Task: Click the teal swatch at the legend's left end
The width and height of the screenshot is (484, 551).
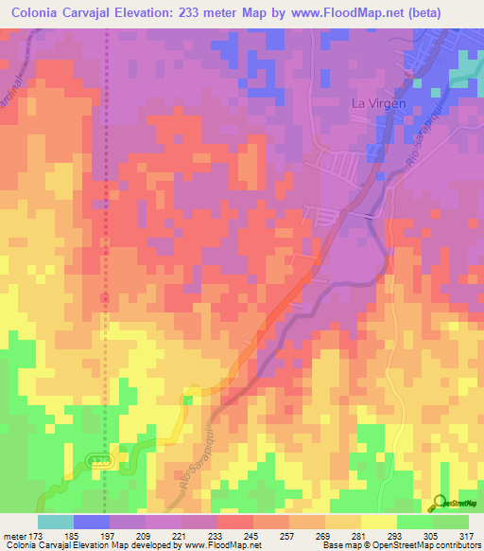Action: coord(56,522)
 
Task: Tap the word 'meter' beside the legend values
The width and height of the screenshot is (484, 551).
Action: coord(15,536)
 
